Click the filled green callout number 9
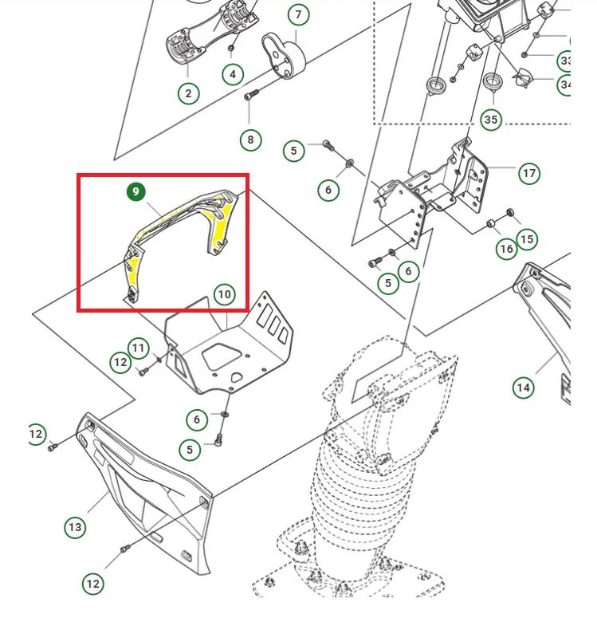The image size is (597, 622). [136, 191]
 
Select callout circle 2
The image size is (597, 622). [188, 93]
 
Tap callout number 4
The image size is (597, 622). [233, 75]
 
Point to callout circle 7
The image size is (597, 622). [298, 15]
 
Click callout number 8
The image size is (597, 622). [250, 140]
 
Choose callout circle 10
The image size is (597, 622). [225, 294]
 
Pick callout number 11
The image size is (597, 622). [139, 348]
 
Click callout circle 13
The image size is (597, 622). [75, 527]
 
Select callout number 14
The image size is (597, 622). [523, 388]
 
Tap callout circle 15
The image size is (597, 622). [527, 238]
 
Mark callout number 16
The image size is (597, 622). [507, 249]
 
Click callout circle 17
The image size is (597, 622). [528, 173]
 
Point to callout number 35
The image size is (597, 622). [491, 120]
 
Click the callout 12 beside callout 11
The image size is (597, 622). [120, 362]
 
